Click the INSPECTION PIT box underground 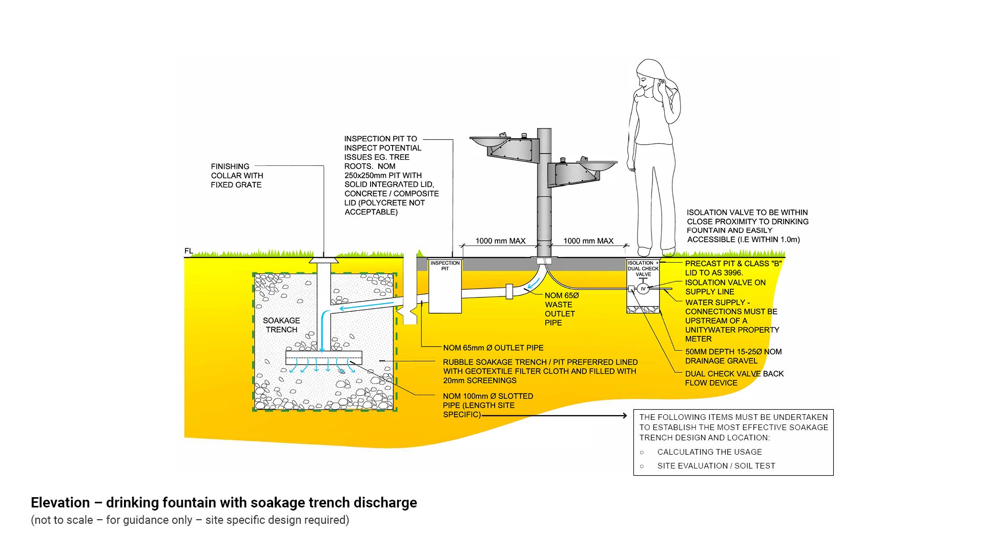pos(445,287)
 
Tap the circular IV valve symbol pos(643,289)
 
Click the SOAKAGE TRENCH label pos(281,325)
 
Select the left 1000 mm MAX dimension pos(500,241)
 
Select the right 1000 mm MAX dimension pos(588,241)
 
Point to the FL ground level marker pos(189,251)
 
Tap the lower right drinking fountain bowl pos(597,165)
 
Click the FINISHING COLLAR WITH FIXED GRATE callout pos(237,175)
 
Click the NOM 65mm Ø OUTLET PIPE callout pos(493,348)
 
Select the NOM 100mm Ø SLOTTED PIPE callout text pos(487,405)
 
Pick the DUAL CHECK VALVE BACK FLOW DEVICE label pos(734,378)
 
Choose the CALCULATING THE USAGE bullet pos(709,452)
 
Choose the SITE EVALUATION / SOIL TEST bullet pos(716,465)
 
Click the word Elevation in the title pos(60,502)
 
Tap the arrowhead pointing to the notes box pos(624,416)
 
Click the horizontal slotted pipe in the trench pos(324,357)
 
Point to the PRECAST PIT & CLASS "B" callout pos(733,268)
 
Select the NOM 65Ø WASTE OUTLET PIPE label pos(561,309)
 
